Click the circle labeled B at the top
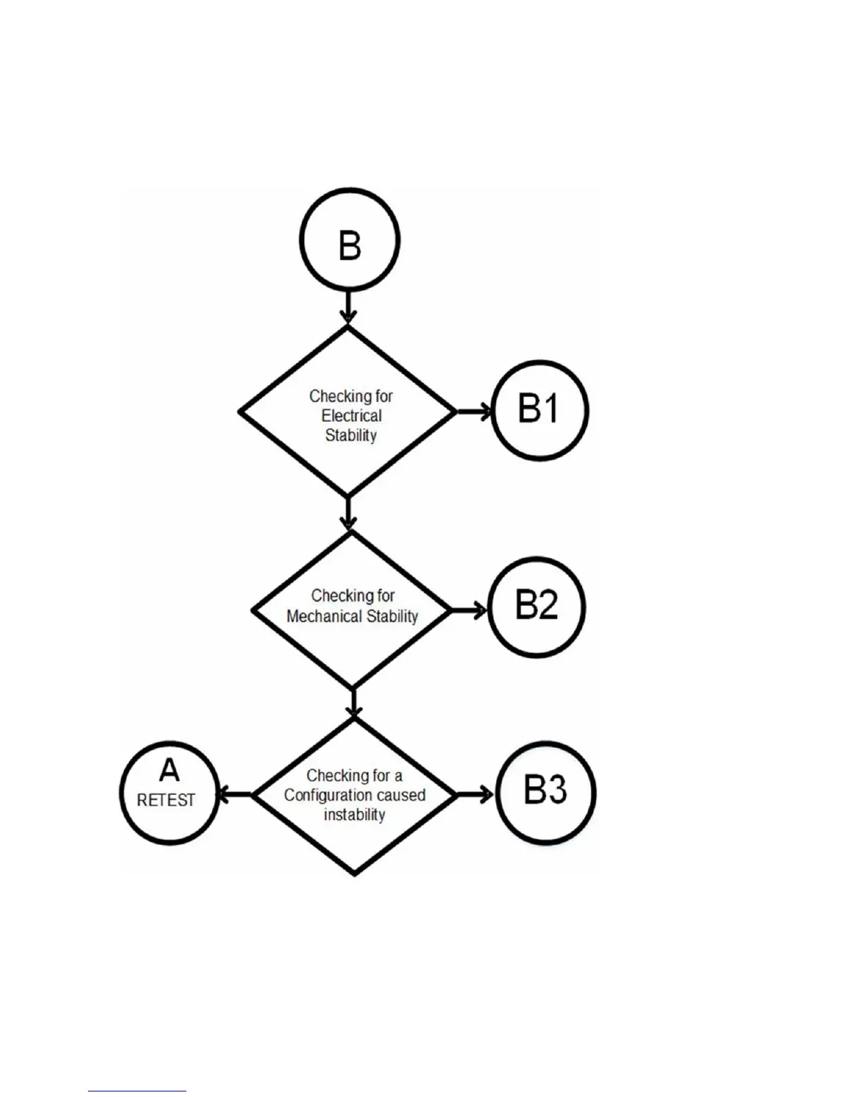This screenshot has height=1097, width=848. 349,240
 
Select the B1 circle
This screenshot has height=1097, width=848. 540,410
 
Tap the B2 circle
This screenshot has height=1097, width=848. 536,607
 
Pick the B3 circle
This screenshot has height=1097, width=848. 546,792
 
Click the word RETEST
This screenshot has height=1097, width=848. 166,801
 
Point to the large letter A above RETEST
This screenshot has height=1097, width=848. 169,770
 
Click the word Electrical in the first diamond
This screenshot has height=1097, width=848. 351,416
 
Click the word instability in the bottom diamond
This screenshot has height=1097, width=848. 354,814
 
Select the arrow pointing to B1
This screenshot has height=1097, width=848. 475,411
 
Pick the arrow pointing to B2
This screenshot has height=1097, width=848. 470,610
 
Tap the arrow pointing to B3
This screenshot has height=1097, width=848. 476,794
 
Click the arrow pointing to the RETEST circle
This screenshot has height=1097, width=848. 234,794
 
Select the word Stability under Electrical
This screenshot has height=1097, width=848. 351,436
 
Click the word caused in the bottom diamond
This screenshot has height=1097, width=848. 402,795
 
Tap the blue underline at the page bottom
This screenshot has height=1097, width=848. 137,1091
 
